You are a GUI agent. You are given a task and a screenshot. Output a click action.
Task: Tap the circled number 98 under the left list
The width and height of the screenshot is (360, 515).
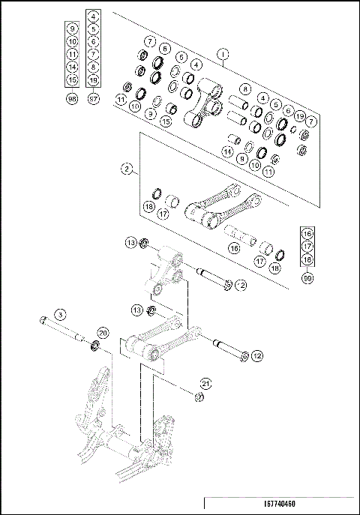tap(72, 99)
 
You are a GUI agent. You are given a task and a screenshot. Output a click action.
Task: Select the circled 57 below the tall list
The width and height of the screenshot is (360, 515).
tap(93, 99)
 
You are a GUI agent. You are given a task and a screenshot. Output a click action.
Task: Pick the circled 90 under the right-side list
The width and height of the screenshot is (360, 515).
tap(307, 278)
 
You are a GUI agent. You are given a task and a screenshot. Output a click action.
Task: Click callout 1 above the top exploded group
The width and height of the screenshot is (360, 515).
tap(222, 53)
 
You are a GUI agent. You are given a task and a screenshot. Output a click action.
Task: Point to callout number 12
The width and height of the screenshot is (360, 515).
tap(256, 355)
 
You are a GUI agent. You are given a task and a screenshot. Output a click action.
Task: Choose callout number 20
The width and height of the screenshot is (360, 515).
tap(103, 333)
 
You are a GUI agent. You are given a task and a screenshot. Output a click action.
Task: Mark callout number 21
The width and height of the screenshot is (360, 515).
tap(205, 383)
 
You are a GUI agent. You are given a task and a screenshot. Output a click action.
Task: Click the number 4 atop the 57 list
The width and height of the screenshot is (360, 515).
tap(93, 15)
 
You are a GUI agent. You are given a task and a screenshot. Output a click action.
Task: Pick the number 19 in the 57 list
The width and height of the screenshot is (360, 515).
tap(93, 79)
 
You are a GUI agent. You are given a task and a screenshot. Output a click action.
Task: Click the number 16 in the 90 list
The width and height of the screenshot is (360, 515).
tap(307, 232)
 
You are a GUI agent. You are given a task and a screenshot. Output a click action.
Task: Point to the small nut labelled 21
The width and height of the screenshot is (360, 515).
tap(198, 397)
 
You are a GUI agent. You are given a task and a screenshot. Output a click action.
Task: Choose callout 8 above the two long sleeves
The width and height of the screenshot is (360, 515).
tap(244, 88)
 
